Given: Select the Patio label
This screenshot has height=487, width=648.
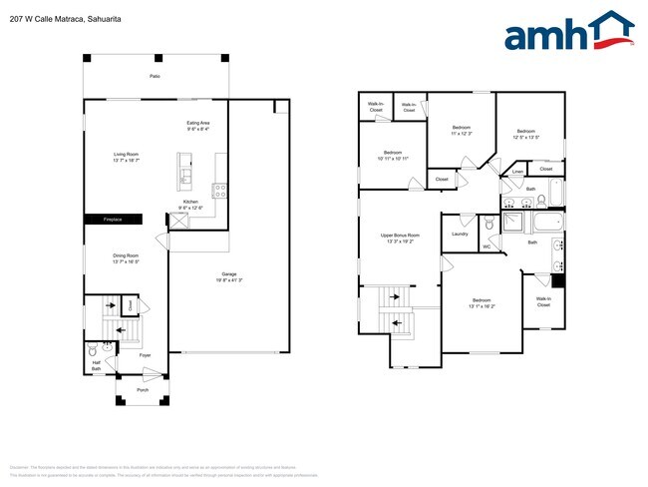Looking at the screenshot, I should pos(155,76).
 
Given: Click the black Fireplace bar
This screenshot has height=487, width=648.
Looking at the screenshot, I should pos(112,220).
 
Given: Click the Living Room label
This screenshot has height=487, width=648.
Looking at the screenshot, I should pos(126,156).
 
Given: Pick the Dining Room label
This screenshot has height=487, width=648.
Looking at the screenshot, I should pos(126,257).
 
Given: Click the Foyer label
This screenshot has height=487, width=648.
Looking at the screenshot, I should pos(144,354).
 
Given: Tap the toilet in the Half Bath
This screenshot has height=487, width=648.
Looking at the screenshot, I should pos(93,351).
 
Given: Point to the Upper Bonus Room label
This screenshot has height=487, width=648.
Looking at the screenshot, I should pos(400,238).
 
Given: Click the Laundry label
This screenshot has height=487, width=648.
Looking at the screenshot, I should pos(460,235).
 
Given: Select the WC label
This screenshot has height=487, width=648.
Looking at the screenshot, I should pos(486,246).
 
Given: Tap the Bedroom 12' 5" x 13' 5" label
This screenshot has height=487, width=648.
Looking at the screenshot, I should pos(526,134).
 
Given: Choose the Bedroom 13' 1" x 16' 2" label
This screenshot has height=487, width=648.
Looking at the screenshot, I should pos(482,302).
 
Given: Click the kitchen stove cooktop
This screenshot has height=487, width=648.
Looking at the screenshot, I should pos(219,190).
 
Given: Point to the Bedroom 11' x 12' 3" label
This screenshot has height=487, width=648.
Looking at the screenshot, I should pos(461,130).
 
